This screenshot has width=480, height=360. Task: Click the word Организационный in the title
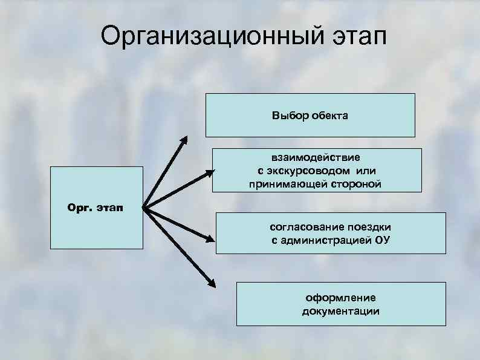[206, 38]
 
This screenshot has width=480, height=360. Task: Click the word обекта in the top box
[329, 115]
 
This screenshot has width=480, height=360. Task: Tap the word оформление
[340, 298]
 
